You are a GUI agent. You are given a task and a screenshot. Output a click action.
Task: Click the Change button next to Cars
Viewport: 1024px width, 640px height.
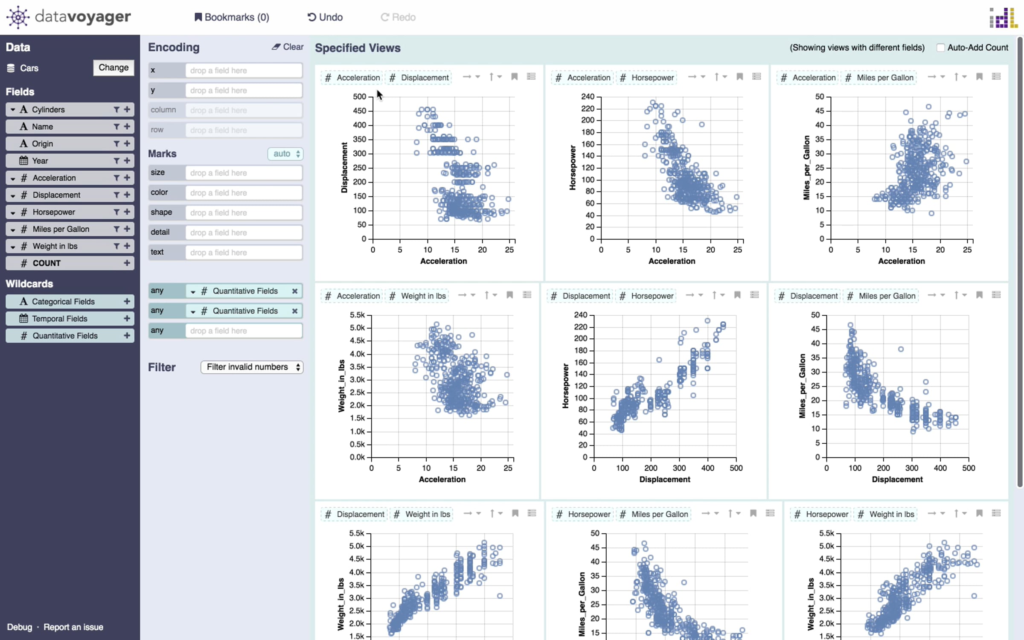click(x=113, y=67)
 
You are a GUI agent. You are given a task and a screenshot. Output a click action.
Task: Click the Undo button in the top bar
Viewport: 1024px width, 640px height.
click(x=325, y=17)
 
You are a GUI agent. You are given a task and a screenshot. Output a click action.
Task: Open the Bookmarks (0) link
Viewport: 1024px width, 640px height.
click(x=232, y=17)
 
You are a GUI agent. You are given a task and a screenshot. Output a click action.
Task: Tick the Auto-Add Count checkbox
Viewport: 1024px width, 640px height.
click(x=940, y=47)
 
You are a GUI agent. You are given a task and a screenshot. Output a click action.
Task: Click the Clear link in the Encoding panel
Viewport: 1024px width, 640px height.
click(x=288, y=47)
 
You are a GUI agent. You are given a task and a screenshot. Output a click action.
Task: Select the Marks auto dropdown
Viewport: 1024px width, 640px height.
click(x=285, y=154)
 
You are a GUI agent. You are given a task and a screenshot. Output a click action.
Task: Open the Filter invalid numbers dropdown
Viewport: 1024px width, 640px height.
click(x=252, y=367)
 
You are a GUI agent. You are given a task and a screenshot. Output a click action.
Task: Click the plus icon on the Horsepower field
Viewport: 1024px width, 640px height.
click(x=127, y=212)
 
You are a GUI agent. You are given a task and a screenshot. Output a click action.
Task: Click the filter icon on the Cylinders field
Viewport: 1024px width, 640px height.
click(x=116, y=110)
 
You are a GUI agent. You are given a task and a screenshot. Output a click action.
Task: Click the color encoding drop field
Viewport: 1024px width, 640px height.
click(x=244, y=192)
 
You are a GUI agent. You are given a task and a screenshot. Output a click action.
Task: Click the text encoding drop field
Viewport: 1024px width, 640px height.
click(x=244, y=252)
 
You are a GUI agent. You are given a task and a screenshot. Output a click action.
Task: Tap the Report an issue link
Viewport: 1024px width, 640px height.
click(x=73, y=627)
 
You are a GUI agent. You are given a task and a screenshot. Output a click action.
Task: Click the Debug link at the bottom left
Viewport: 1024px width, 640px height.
click(x=20, y=627)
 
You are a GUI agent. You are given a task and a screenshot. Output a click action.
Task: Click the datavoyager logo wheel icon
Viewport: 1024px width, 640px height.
click(x=18, y=17)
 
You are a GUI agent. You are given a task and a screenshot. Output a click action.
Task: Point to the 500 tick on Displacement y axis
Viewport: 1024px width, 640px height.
click(x=360, y=96)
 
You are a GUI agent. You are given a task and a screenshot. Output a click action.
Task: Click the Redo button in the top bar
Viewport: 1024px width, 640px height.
click(x=398, y=17)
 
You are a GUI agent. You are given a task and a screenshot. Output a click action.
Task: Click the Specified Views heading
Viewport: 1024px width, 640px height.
click(x=358, y=48)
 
